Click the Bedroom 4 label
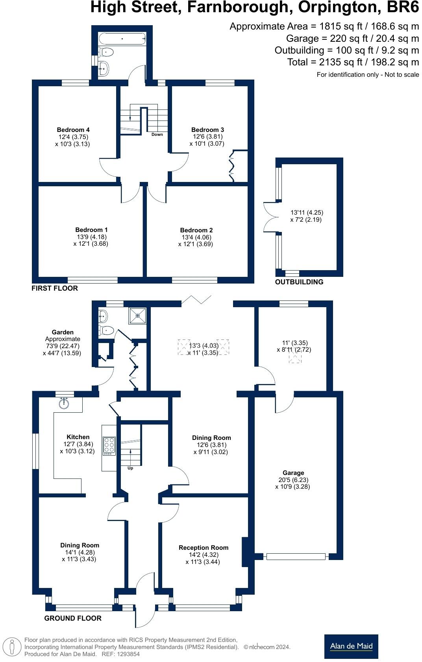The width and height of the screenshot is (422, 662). tap(73, 130)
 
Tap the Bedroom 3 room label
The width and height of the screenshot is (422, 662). tap(207, 130)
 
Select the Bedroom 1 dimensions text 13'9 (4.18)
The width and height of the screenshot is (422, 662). tap(92, 237)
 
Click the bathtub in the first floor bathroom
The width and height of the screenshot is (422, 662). tap(122, 39)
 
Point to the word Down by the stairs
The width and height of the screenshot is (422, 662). tap(157, 134)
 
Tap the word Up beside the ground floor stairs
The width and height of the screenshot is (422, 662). tap(130, 468)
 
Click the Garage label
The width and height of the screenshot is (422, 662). tap(293, 473)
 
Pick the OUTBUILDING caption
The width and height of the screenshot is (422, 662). tap(299, 282)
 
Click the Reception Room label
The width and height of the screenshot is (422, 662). tap(203, 547)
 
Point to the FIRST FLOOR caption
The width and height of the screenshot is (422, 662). tap(55, 288)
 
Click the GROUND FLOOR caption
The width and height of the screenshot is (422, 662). tap(73, 618)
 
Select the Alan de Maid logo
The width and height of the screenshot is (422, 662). tap(351, 646)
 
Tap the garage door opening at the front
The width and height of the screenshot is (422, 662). tap(296, 556)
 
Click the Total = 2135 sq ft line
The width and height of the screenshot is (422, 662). tap(353, 62)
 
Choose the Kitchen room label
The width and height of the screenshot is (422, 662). tap(78, 437)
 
